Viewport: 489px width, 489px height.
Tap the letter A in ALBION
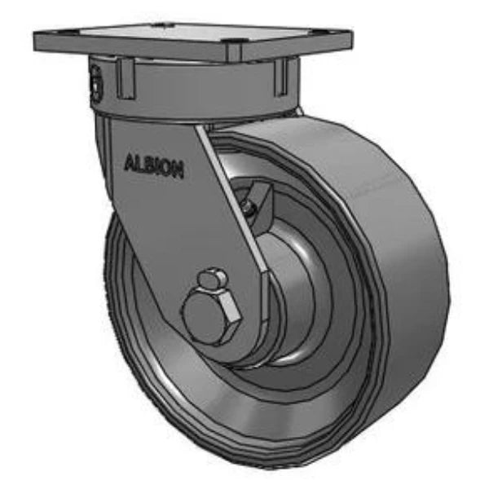[x=129, y=161]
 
